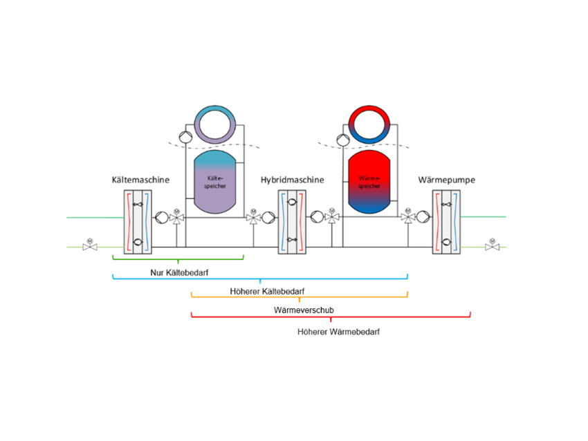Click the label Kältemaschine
click(140, 180)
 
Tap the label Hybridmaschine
click(292, 180)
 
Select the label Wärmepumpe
click(446, 180)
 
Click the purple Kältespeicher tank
click(216, 181)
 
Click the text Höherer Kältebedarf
click(267, 291)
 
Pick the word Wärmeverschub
click(304, 310)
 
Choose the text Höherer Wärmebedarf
click(338, 332)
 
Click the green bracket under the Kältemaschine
click(178, 259)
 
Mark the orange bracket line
click(299, 297)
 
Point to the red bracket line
click(331, 317)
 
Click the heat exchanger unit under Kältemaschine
click(138, 222)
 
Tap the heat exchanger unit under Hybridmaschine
click(293, 222)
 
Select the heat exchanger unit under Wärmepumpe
click(447, 222)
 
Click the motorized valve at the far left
click(89, 245)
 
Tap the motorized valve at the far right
click(492, 245)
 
